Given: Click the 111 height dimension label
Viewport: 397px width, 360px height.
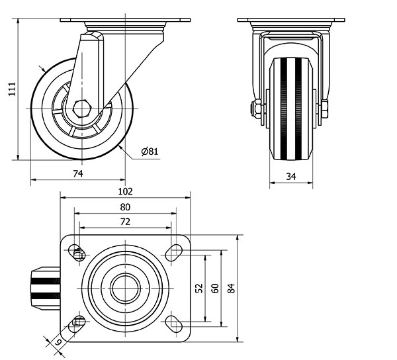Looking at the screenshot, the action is point(12,89).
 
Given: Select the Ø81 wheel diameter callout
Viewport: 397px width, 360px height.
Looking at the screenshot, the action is point(150,152).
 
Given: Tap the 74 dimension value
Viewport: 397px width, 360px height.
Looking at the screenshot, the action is point(78,173).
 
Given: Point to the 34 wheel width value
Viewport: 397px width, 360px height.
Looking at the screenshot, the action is point(291,177).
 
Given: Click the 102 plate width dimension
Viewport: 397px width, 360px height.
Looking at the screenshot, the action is point(125,192).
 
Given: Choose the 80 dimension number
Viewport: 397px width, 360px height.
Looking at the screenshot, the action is point(125,207).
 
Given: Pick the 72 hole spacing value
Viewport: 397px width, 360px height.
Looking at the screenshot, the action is point(125,222).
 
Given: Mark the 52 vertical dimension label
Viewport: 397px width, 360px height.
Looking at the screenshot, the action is point(200,288).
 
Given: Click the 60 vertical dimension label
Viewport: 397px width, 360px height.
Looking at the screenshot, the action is point(215,289).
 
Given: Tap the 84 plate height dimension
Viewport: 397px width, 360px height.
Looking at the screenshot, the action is point(231,289).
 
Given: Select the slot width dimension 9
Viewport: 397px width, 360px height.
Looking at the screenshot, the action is point(58,342).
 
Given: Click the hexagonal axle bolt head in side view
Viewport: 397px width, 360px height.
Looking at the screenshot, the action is point(81,109).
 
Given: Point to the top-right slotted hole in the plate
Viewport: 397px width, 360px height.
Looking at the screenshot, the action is point(173,253).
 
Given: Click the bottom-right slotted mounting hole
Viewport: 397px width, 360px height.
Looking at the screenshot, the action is point(173,324).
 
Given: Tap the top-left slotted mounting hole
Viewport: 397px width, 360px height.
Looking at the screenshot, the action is point(77,253).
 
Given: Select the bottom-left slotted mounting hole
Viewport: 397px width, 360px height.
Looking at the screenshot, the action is point(77,324).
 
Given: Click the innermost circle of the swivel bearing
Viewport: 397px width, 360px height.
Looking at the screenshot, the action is point(125,289).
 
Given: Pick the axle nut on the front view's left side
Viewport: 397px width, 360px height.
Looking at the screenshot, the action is point(256,109).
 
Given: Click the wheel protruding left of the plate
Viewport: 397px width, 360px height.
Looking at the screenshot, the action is point(46,289).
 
